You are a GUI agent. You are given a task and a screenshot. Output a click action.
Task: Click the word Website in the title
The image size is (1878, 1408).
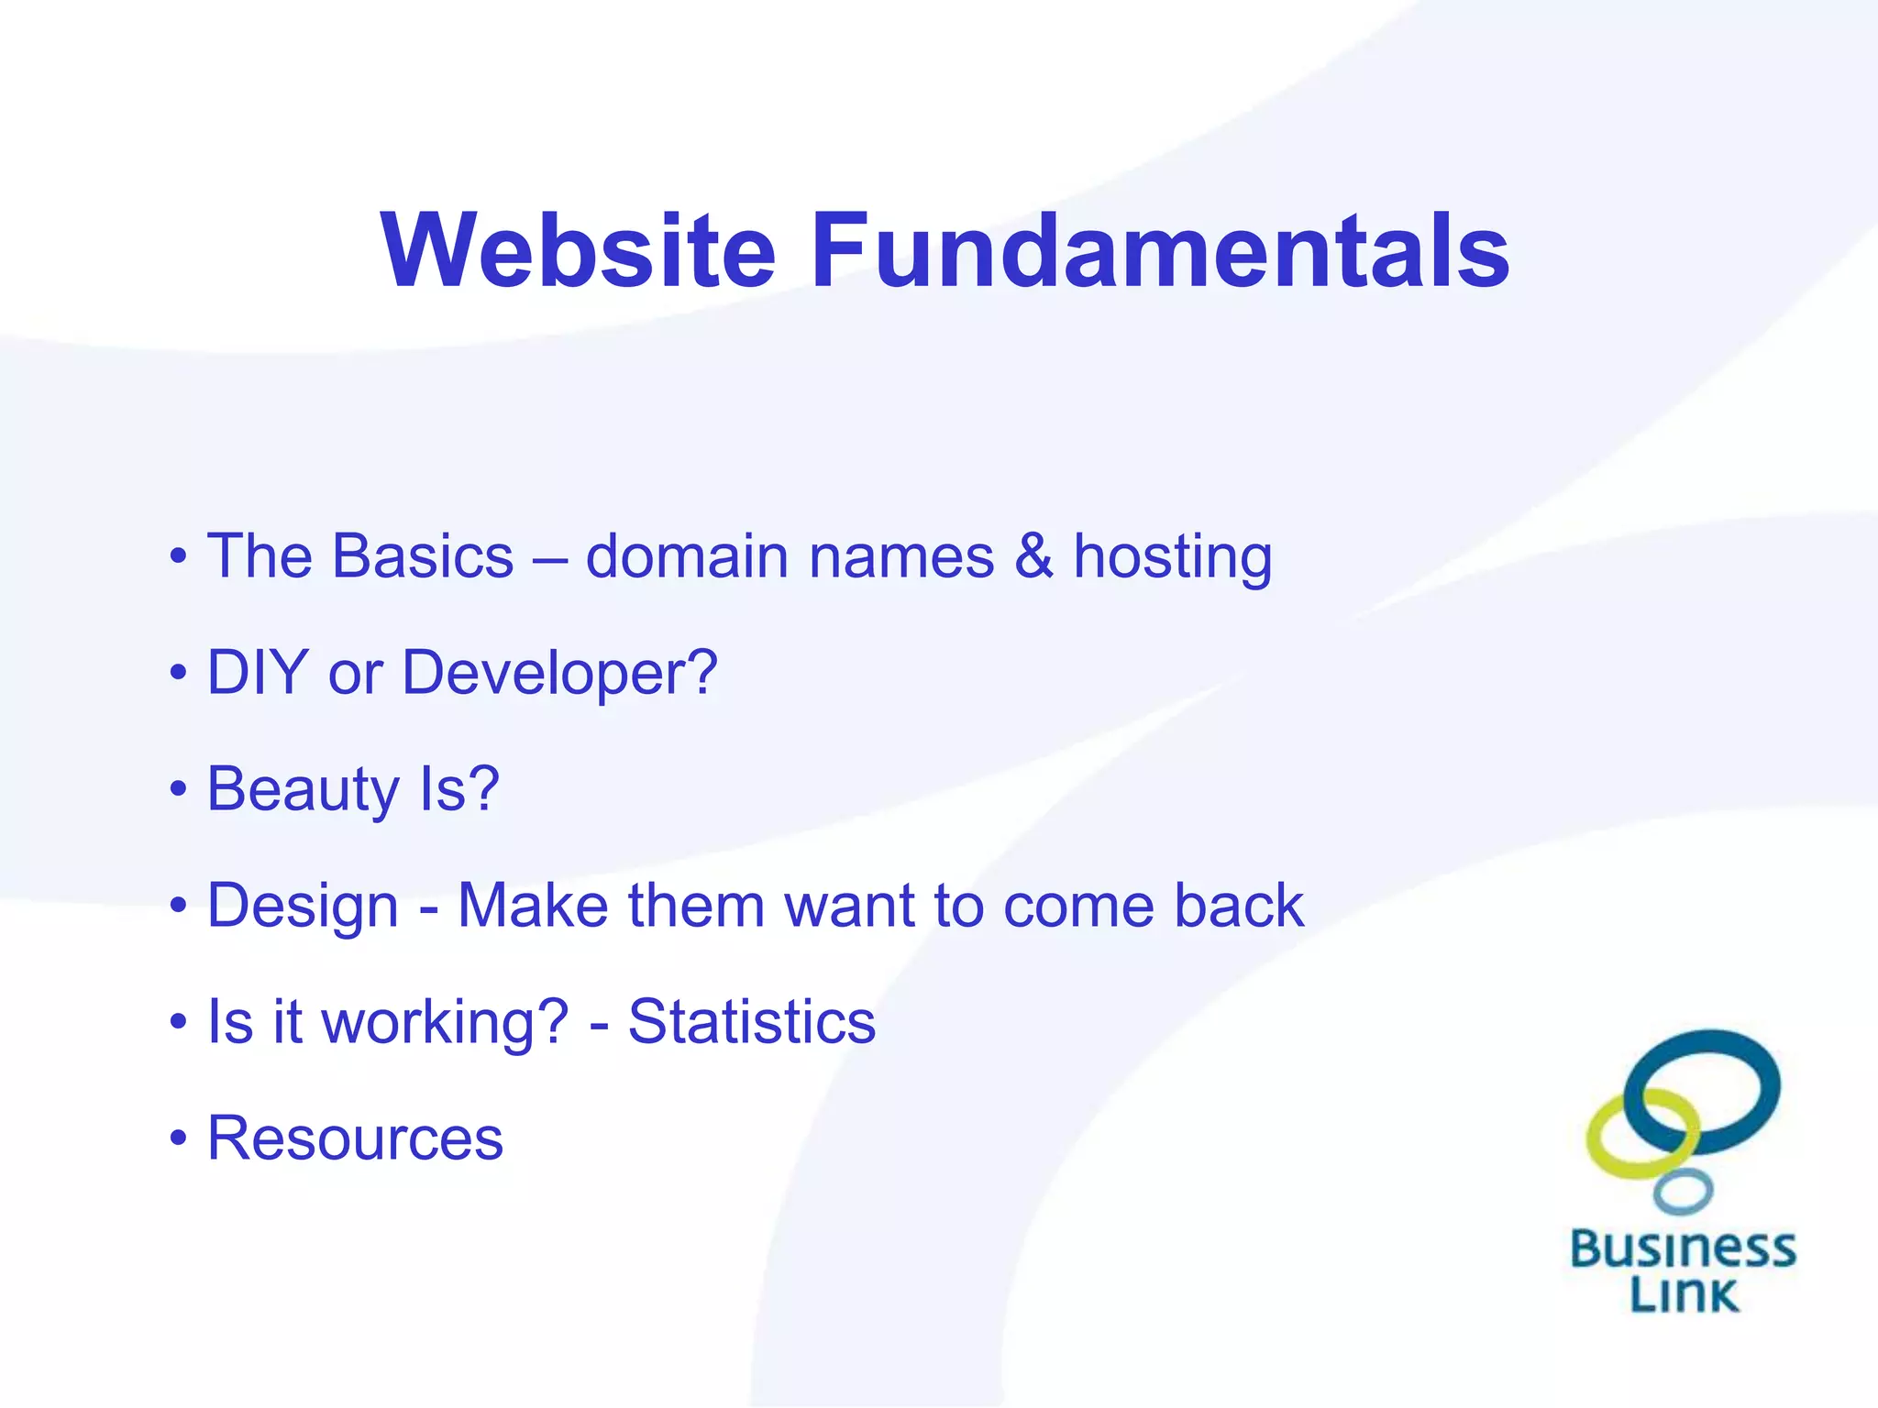(x=578, y=250)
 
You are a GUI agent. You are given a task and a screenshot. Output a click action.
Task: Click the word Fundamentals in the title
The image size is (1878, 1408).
(x=1159, y=250)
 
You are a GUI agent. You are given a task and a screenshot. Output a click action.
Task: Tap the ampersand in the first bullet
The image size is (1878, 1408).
(x=1033, y=556)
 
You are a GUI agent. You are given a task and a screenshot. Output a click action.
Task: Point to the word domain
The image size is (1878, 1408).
(x=688, y=556)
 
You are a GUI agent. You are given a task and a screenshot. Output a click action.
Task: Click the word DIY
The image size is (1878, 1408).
(x=257, y=672)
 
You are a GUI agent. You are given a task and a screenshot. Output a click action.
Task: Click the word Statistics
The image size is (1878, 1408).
(x=751, y=1021)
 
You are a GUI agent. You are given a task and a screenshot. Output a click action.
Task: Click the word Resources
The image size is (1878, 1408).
(x=355, y=1138)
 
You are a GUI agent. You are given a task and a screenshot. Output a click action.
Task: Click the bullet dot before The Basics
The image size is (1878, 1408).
(x=178, y=557)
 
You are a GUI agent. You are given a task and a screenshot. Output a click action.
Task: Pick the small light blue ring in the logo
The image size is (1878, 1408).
(x=1683, y=1192)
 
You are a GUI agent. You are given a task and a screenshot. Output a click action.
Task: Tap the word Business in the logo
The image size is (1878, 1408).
(x=1683, y=1248)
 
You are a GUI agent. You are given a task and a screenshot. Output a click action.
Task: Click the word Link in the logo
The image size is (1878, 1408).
(x=1683, y=1294)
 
